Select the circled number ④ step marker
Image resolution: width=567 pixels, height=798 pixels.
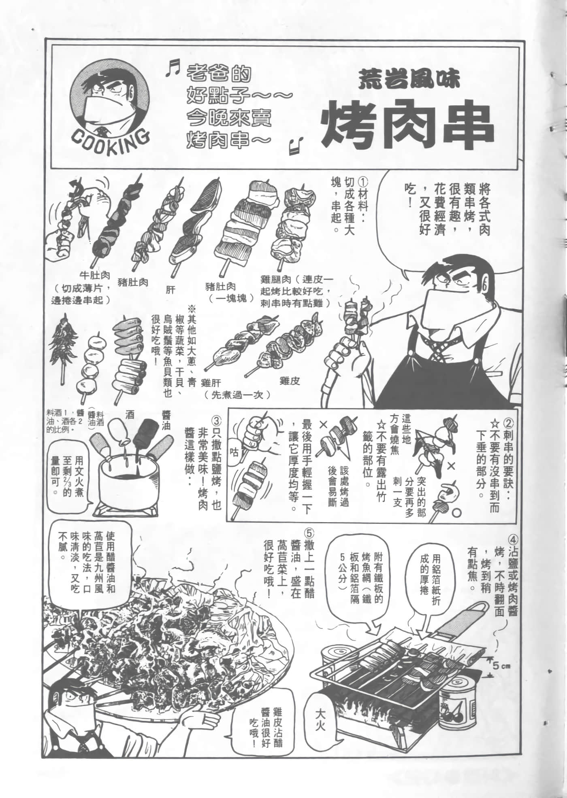tap(512, 541)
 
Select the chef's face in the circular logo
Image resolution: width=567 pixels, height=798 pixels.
tap(108, 98)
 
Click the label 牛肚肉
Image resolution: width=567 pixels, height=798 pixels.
tap(94, 276)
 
